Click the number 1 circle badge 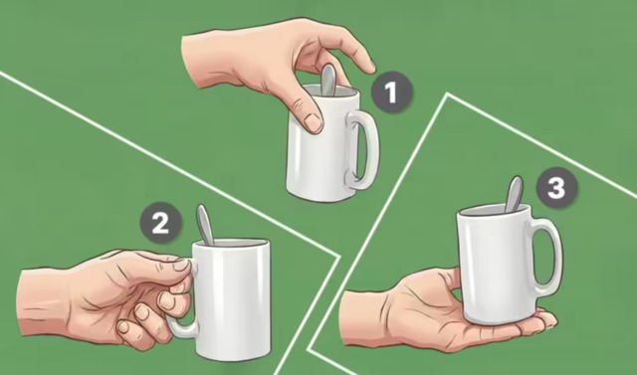click(391, 92)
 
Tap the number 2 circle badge click(161, 223)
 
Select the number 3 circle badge click(556, 188)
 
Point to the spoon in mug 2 click(205, 225)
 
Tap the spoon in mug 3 click(514, 194)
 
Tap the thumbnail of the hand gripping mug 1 click(313, 122)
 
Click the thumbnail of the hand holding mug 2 click(181, 265)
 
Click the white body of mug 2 click(232, 299)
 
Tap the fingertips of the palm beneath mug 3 click(546, 319)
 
